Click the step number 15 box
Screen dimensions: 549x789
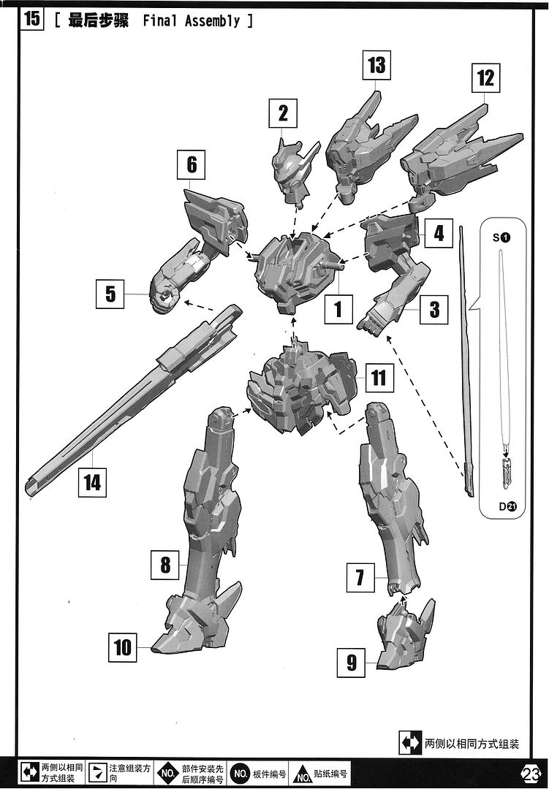31,19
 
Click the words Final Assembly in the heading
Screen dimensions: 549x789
192,20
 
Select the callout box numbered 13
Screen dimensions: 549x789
376,65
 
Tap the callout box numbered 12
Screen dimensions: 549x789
485,77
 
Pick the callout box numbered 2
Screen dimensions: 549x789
283,113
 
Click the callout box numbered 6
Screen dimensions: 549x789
191,164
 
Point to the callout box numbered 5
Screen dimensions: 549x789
110,294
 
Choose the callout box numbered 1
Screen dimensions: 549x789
338,309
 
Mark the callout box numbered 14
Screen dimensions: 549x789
92,483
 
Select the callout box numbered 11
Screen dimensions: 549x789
378,378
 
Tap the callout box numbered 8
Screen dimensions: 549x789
165,565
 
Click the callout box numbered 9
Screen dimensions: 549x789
351,662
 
